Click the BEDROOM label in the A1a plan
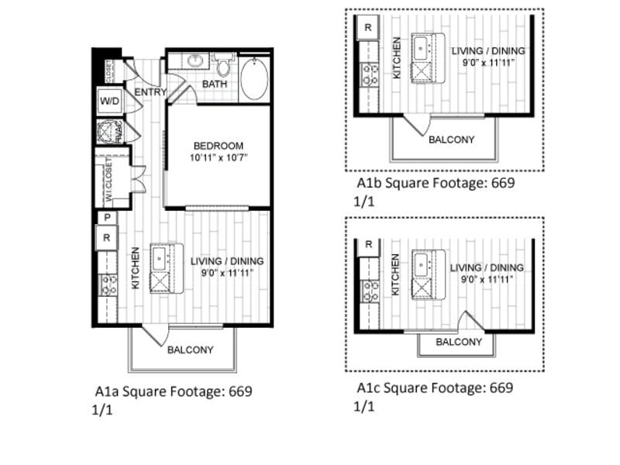click(218, 146)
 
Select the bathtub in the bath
click(254, 81)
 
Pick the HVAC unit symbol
click(108, 131)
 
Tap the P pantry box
click(105, 218)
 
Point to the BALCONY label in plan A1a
click(190, 350)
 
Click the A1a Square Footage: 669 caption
click(174, 391)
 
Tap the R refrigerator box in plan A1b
click(367, 26)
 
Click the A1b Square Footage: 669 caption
click(436, 184)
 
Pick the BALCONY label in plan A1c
click(459, 342)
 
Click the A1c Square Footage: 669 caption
click(435, 387)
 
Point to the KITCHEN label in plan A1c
click(396, 274)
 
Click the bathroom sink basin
click(194, 60)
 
